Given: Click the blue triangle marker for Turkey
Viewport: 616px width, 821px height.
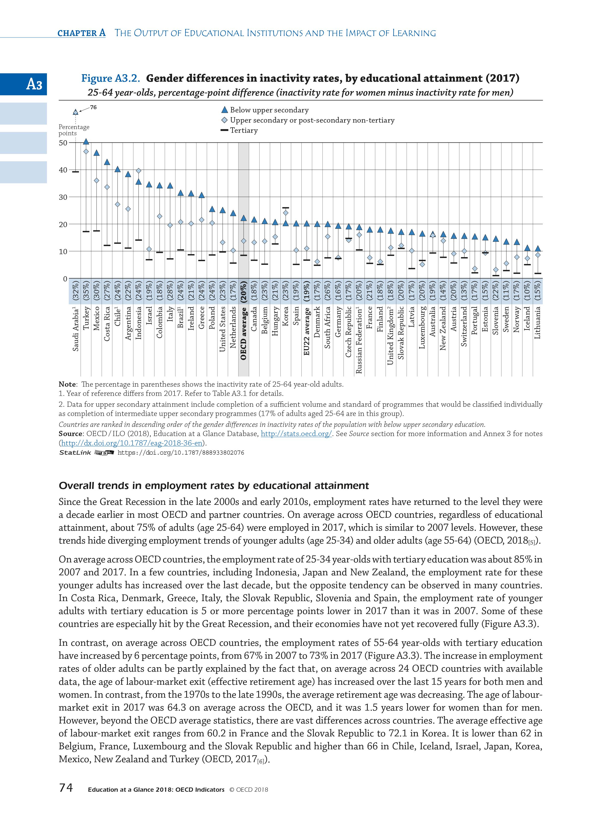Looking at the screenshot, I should point(86,141).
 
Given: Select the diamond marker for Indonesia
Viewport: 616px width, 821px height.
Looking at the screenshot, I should point(139,171).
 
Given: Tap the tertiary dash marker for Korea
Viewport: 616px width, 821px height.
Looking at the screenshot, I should point(286,208).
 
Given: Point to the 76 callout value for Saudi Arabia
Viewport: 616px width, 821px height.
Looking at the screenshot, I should point(93,107).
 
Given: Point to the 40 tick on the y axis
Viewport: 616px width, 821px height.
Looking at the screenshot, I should point(63,170).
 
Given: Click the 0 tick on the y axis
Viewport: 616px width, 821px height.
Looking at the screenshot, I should point(65,279).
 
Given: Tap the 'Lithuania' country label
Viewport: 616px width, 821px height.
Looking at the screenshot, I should point(537,323).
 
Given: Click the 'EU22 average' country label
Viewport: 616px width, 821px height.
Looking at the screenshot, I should point(307,331).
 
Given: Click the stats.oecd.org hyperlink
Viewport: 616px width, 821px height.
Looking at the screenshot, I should point(296,434).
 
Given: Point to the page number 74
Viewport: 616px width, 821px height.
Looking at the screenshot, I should point(66,797).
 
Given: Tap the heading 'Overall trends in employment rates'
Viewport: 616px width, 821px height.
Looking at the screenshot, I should point(214,485).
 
